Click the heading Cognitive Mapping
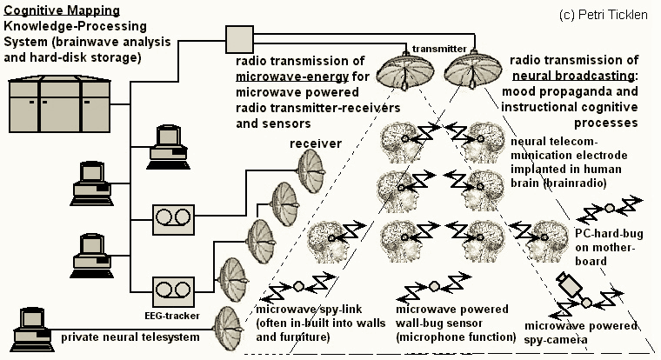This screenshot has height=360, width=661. coord(53,10)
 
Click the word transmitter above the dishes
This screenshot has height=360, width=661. coord(437,48)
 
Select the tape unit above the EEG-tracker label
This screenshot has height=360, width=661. coord(170,287)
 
